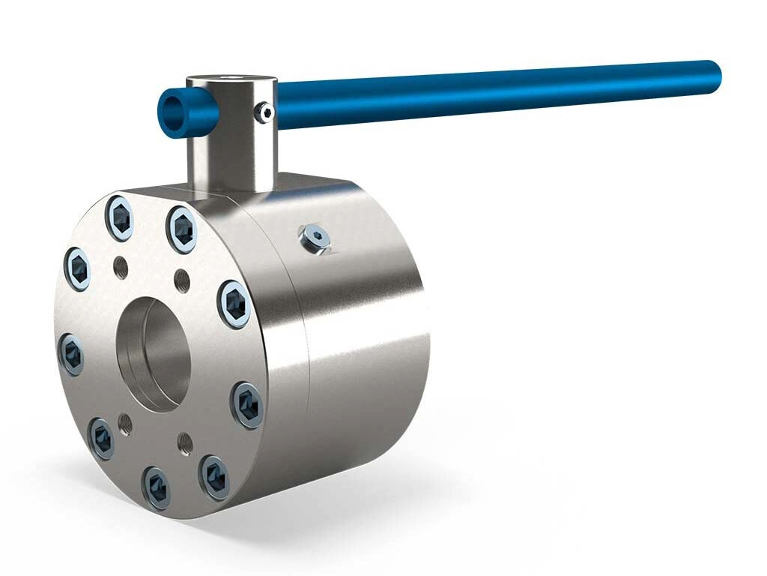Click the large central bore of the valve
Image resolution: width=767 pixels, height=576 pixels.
(154, 353)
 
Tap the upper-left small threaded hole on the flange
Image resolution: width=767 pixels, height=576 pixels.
(121, 266)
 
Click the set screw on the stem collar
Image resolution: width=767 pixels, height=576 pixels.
(264, 113)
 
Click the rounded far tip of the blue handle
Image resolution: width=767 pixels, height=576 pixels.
(712, 75)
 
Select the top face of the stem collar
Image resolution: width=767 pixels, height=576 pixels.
(231, 79)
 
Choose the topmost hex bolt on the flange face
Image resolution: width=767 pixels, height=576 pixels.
(120, 217)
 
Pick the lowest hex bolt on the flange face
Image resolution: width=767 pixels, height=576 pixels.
(157, 488)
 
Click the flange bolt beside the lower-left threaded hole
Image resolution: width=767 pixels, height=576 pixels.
(101, 438)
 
